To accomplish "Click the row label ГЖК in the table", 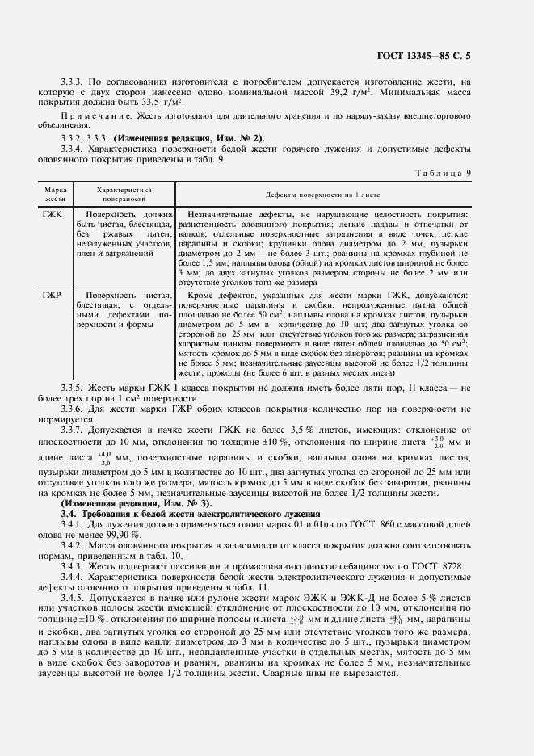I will click(x=53, y=215).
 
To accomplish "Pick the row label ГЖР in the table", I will click(x=53, y=296).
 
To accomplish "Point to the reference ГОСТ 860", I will click(x=330, y=524).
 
